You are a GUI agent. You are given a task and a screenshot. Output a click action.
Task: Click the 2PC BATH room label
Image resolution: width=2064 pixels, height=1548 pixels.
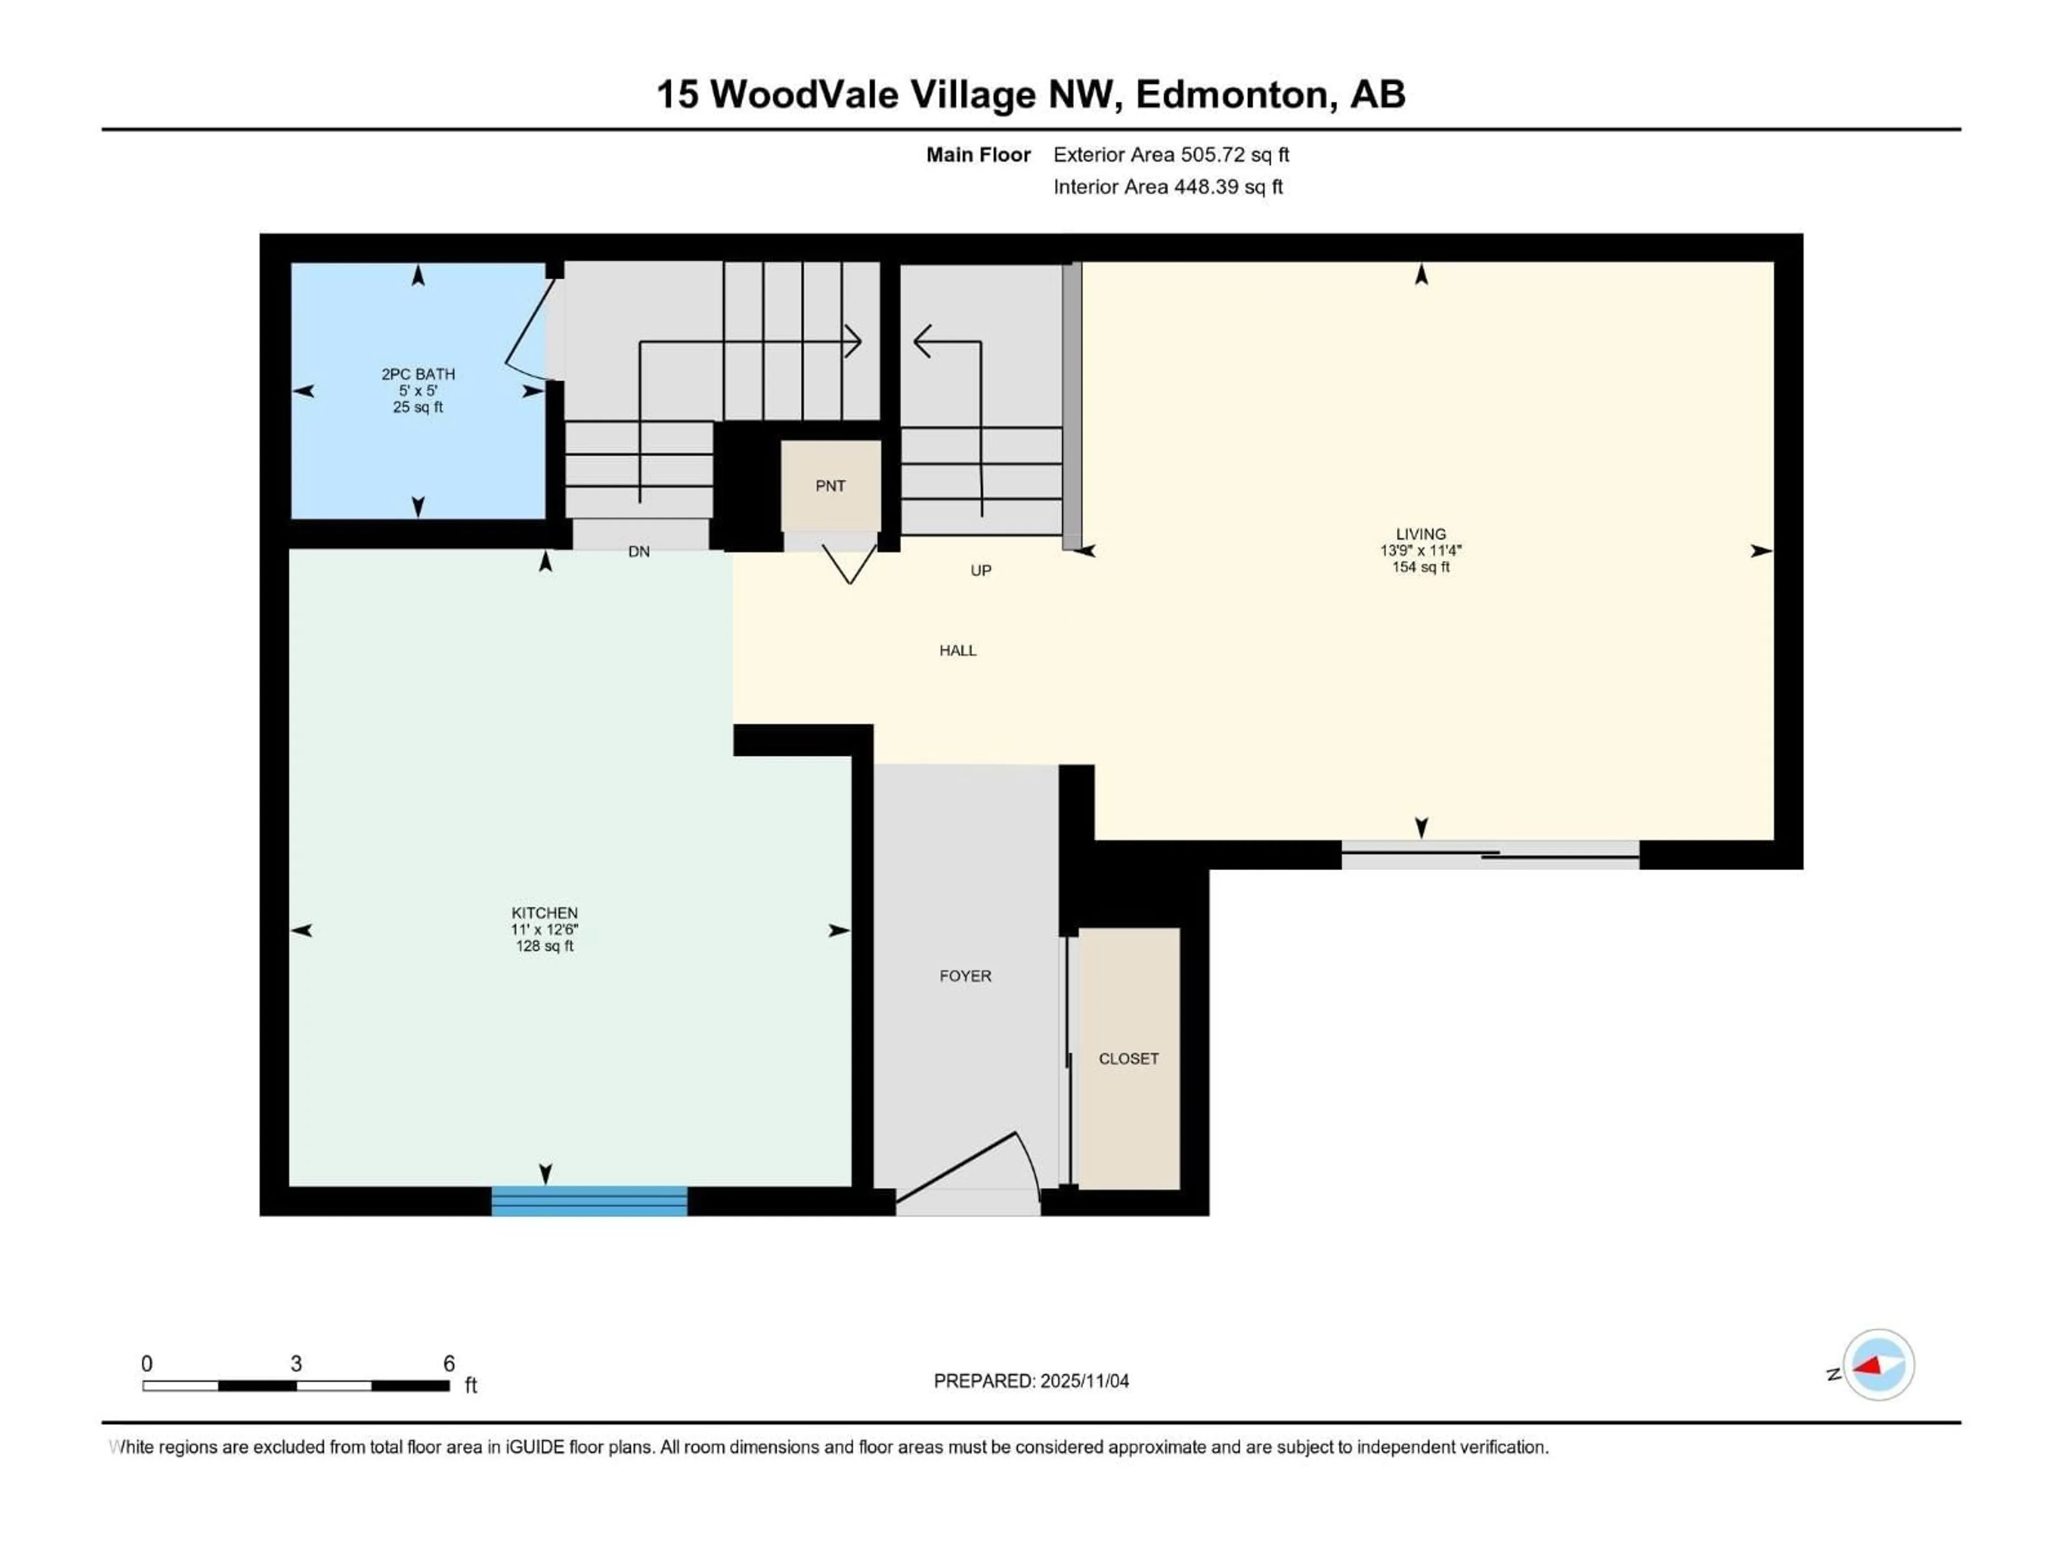pyautogui.click(x=418, y=374)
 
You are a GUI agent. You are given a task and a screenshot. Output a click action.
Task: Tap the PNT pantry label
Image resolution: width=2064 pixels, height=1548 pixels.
pyautogui.click(x=829, y=486)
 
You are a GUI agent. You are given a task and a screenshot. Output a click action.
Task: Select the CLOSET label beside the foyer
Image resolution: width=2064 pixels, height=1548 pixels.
pyautogui.click(x=1128, y=1059)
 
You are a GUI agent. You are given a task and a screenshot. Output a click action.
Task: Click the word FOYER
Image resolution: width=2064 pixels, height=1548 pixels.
pyautogui.click(x=965, y=976)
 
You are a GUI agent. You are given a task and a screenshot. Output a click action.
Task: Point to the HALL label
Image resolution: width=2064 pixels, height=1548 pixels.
pyautogui.click(x=957, y=650)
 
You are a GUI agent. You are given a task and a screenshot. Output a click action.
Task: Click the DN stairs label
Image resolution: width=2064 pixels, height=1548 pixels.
pyautogui.click(x=638, y=551)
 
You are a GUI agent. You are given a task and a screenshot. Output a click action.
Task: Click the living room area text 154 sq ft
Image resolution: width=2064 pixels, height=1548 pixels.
pyautogui.click(x=1420, y=567)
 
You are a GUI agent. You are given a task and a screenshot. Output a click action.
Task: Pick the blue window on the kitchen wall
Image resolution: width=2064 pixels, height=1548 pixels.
pyautogui.click(x=589, y=1201)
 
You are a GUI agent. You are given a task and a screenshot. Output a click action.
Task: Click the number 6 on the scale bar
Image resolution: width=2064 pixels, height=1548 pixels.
pyautogui.click(x=449, y=1363)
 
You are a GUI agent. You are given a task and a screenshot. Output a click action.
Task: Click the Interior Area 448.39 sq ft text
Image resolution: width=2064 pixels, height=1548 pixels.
pyautogui.click(x=1167, y=187)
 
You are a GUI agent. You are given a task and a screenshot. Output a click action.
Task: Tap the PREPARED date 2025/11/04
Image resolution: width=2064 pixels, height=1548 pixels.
pyautogui.click(x=1030, y=1381)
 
